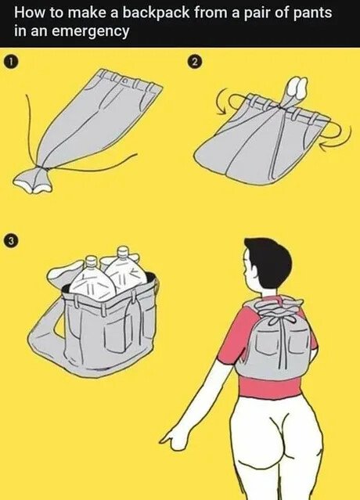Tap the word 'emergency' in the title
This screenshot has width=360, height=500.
pos(90,32)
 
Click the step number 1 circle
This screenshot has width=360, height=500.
pos(11,62)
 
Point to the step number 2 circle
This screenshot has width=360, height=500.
pos(196,62)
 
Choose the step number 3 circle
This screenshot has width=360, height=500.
pos(11,240)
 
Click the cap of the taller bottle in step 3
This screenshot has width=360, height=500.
pos(123,252)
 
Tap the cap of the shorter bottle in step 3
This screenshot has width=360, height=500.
pos(92,261)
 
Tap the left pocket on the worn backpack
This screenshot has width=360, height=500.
pos(266,342)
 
